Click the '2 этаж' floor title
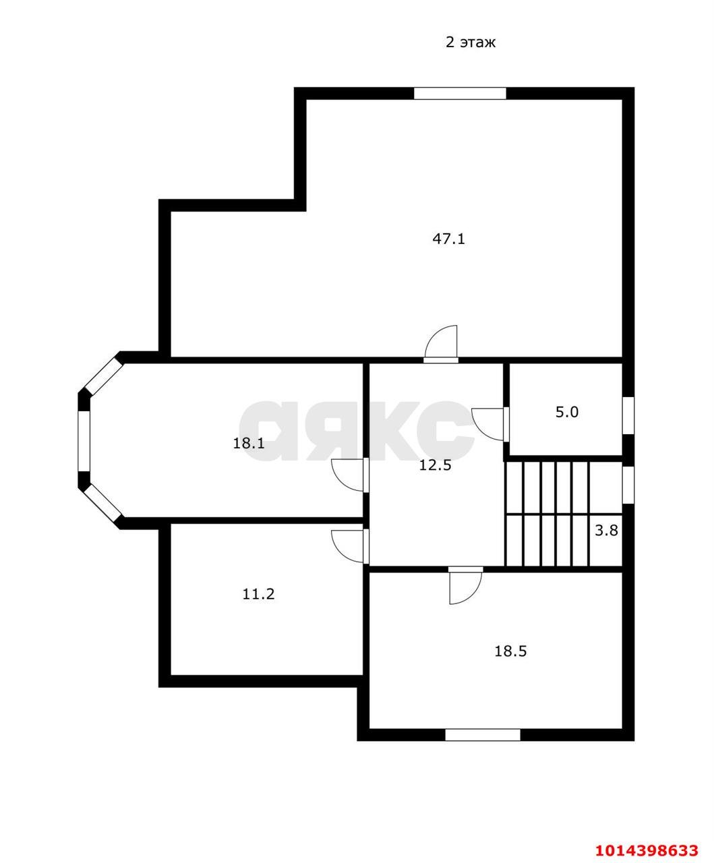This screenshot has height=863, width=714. (470, 42)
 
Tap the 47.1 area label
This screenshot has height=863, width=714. (448, 239)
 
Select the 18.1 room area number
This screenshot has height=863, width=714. (249, 444)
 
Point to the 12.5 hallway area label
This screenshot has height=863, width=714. (435, 465)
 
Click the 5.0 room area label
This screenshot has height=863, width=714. (566, 412)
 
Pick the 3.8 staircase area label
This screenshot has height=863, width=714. (606, 531)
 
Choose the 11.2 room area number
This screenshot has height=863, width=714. (258, 595)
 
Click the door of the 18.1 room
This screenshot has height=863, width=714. (350, 475)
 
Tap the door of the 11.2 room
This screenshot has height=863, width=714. (350, 546)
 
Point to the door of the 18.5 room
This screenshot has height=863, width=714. (466, 585)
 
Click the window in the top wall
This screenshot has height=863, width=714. (460, 94)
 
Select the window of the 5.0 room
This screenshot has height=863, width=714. (628, 415)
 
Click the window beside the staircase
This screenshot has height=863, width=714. (628, 485)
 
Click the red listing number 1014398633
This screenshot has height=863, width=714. (647, 847)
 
